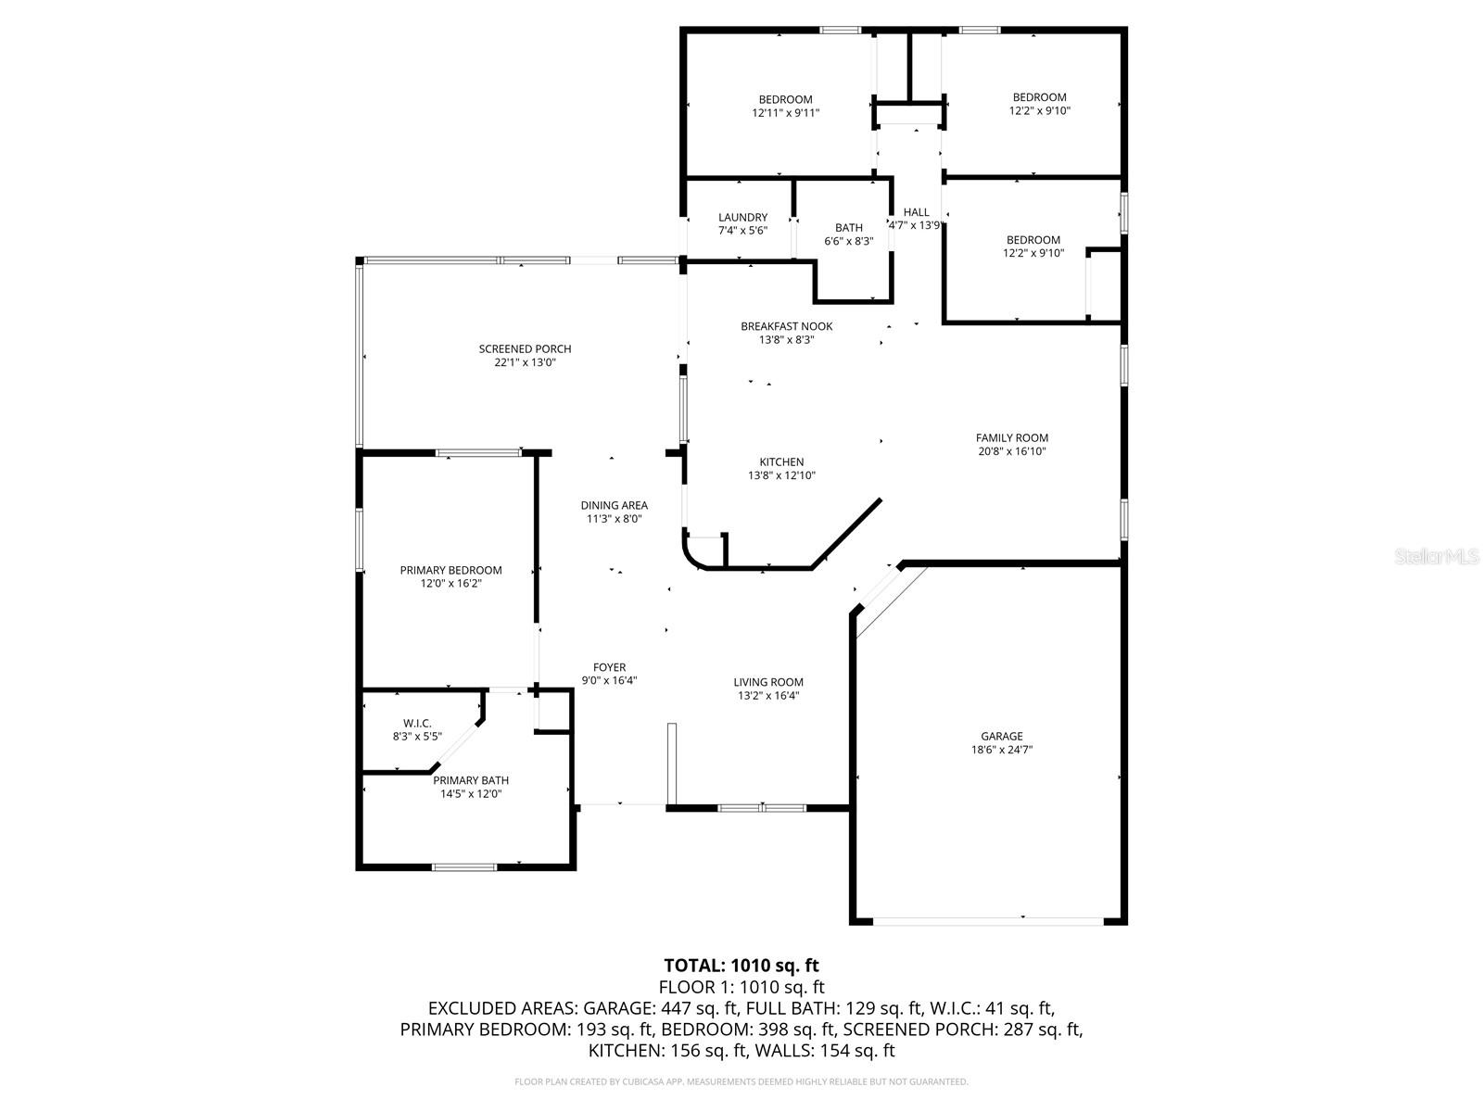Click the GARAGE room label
[1002, 737]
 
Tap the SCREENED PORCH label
[525, 349]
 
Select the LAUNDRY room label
[742, 218]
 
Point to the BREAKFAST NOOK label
[786, 326]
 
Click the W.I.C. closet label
[417, 723]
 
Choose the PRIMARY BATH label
[471, 780]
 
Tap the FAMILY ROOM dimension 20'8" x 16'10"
[1011, 451]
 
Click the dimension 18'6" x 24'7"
[1002, 750]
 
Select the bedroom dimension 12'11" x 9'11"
[785, 112]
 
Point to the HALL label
[916, 212]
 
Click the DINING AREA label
[614, 505]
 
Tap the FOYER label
[609, 667]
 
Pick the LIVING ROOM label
[768, 682]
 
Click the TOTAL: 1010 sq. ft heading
[741, 966]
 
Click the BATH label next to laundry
[848, 227]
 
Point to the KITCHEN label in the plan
[781, 461]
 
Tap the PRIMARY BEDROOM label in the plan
[450, 570]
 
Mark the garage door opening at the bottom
[988, 920]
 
